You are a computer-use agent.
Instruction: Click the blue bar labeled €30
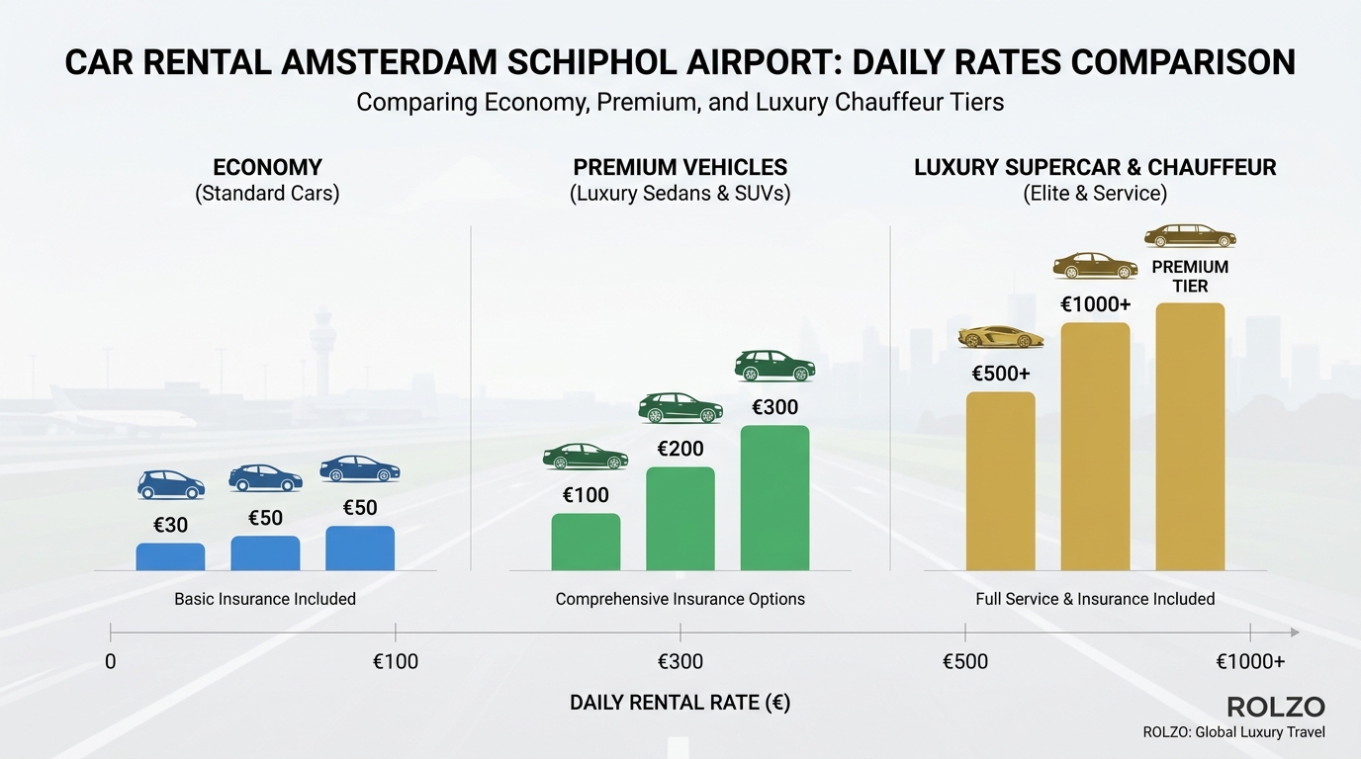pyautogui.click(x=170, y=557)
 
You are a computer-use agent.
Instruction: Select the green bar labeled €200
pyautogui.click(x=680, y=519)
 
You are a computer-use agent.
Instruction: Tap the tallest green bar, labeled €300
pyautogui.click(x=774, y=498)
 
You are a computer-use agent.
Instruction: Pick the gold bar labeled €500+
pyautogui.click(x=1000, y=481)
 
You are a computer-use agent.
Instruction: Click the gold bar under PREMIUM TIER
pyautogui.click(x=1190, y=437)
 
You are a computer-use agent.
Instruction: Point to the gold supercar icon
pyautogui.click(x=1001, y=337)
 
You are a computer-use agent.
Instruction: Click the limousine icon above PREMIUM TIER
pyautogui.click(x=1190, y=237)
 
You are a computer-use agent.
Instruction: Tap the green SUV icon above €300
pyautogui.click(x=774, y=366)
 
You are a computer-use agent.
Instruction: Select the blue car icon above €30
pyautogui.click(x=170, y=484)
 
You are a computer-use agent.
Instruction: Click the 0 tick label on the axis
pyautogui.click(x=111, y=661)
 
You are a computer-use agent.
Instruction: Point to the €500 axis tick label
pyautogui.click(x=964, y=661)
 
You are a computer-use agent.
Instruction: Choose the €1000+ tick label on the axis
pyautogui.click(x=1250, y=661)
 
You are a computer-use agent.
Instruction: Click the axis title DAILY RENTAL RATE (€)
pyautogui.click(x=680, y=703)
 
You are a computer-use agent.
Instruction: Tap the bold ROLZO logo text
pyautogui.click(x=1275, y=707)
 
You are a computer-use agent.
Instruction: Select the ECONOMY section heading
pyautogui.click(x=267, y=167)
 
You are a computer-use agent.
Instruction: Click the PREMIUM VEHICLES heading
pyautogui.click(x=680, y=167)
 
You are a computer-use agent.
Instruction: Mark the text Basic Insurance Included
pyautogui.click(x=265, y=599)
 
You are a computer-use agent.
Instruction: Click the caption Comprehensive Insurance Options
pyautogui.click(x=680, y=599)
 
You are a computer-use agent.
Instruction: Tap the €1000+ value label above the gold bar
pyautogui.click(x=1095, y=304)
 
